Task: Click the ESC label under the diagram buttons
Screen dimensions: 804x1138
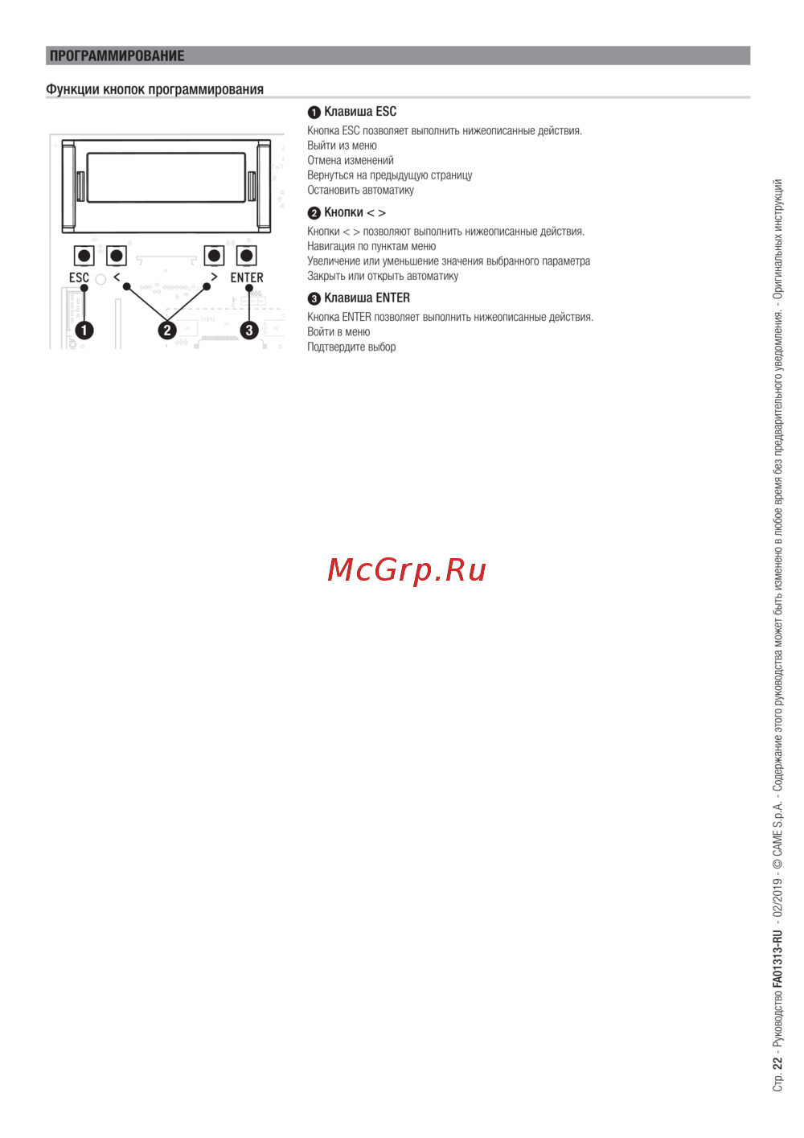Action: click(80, 277)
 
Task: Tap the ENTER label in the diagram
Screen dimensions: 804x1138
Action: click(247, 277)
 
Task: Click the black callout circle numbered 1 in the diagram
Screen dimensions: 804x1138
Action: click(84, 331)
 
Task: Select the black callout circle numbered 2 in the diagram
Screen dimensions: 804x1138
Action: click(167, 331)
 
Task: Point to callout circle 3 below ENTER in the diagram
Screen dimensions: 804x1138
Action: click(249, 331)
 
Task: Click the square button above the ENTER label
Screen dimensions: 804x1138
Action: click(247, 256)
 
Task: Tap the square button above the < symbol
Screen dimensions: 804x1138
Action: click(117, 256)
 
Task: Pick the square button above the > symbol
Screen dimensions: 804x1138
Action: click(215, 256)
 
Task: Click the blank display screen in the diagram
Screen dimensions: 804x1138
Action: click(166, 178)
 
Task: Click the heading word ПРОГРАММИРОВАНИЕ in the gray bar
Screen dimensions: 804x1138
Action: click(117, 55)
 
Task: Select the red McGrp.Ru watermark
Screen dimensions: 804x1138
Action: click(406, 570)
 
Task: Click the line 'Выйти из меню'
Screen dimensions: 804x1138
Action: click(342, 146)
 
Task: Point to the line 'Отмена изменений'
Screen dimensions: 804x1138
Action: click(351, 161)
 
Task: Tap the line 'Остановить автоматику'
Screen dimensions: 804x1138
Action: click(361, 190)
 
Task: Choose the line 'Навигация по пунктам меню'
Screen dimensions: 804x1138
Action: click(371, 246)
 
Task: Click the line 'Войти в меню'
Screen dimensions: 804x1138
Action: click(338, 331)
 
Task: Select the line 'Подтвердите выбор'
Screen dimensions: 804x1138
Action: click(351, 347)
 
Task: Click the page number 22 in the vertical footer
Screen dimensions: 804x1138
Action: click(777, 1063)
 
